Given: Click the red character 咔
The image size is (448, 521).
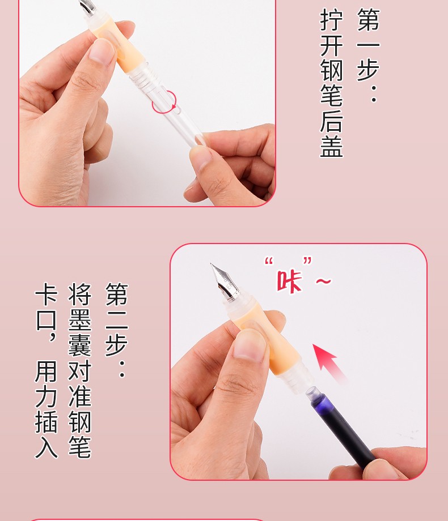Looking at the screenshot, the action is click(x=289, y=281).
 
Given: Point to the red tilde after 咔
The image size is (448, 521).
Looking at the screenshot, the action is click(x=323, y=282).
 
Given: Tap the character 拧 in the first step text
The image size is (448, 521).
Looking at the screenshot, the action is click(x=331, y=20).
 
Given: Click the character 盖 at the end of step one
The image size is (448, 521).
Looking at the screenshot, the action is click(x=331, y=146).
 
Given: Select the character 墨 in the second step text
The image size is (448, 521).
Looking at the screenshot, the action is click(x=80, y=321).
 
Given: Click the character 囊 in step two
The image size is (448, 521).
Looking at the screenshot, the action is click(x=80, y=345).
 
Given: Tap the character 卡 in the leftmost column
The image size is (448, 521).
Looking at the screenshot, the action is click(x=47, y=294).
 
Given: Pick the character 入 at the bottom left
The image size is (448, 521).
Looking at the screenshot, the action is click(x=47, y=447).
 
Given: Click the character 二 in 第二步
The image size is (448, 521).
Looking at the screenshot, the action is click(x=116, y=319).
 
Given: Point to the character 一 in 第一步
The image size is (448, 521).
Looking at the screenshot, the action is click(x=368, y=45).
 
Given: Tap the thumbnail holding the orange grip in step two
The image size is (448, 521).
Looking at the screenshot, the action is click(x=250, y=345).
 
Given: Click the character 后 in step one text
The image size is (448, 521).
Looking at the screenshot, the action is click(x=331, y=121).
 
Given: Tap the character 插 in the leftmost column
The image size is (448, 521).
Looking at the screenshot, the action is click(x=47, y=422).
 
